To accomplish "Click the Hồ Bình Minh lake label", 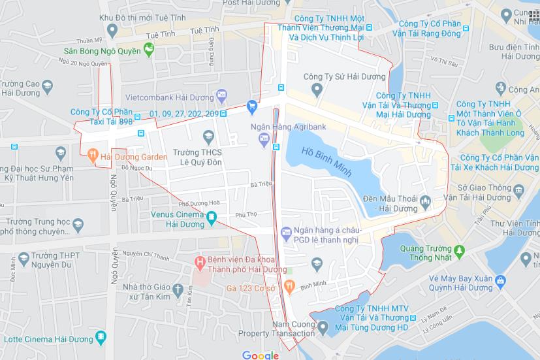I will [327, 163].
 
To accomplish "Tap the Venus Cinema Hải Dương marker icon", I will [212, 217].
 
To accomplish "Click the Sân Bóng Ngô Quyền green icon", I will [149, 48].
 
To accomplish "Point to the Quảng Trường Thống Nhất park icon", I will [459, 250].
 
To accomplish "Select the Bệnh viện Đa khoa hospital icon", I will [200, 262].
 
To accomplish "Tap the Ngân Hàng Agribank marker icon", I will [263, 137].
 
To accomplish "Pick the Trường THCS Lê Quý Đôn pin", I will [209, 137].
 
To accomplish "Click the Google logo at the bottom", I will [260, 355].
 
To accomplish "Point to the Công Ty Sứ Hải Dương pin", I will [317, 88].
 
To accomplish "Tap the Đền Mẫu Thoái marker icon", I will [425, 201].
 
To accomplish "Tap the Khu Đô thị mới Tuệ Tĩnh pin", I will [112, 30].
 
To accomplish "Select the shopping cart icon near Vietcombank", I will [252, 105].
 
